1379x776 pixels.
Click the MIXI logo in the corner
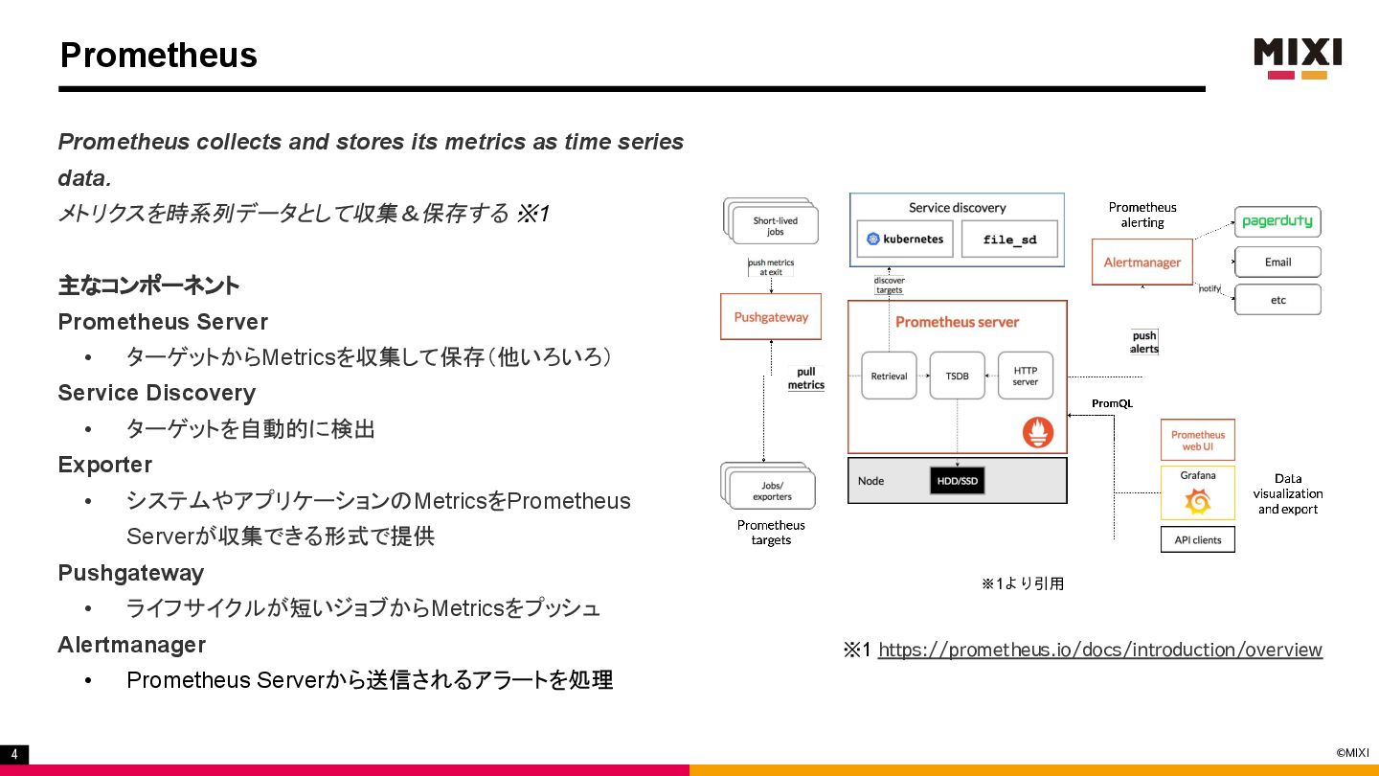click(1298, 57)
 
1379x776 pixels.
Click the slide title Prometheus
click(159, 55)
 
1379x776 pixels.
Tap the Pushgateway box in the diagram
click(771, 317)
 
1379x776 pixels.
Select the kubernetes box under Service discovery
click(905, 239)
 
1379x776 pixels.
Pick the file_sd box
click(1009, 240)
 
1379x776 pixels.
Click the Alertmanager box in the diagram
click(1142, 262)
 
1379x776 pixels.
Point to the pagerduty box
click(1277, 221)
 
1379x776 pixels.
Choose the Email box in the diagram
click(1277, 262)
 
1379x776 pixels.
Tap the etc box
click(1277, 300)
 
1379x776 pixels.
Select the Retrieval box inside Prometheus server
click(889, 376)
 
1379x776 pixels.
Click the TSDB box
click(957, 376)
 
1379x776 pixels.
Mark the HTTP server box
click(1025, 376)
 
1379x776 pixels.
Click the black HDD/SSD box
click(957, 481)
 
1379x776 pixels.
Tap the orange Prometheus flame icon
click(1037, 432)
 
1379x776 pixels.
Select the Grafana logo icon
click(1197, 501)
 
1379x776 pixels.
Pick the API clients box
click(1197, 539)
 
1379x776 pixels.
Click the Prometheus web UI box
click(1197, 441)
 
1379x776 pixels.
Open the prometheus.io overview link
click(1099, 650)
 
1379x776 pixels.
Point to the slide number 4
click(14, 755)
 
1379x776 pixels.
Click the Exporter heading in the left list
click(105, 465)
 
